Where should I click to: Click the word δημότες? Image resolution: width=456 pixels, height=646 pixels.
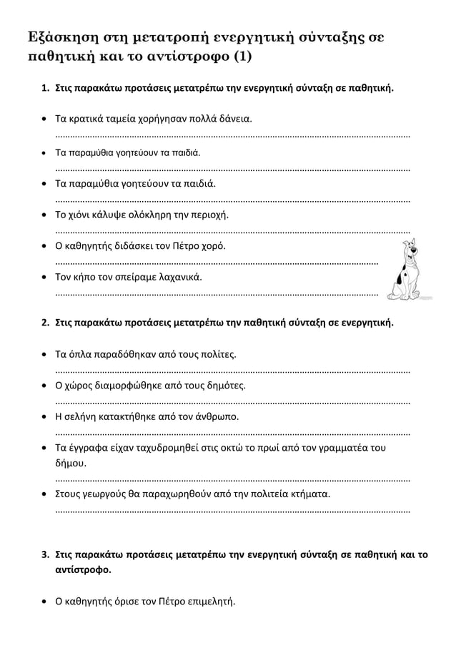click(x=226, y=386)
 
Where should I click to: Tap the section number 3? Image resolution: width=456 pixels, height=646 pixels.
click(x=43, y=554)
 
